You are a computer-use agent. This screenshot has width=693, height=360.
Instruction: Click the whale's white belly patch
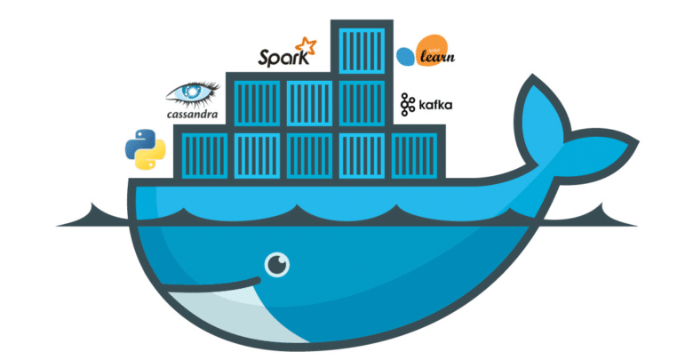pyautogui.click(x=222, y=324)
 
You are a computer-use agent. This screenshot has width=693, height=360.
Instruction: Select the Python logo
pyautogui.click(x=147, y=148)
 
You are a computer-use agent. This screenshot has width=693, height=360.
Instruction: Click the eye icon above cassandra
pyautogui.click(x=193, y=94)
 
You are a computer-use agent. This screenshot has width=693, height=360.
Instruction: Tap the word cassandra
pyautogui.click(x=194, y=114)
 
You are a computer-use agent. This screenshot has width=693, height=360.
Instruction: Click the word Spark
pyautogui.click(x=280, y=58)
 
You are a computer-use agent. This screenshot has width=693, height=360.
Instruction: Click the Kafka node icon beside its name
pyautogui.click(x=408, y=105)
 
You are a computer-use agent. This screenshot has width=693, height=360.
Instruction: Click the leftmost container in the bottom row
pyautogui.click(x=201, y=151)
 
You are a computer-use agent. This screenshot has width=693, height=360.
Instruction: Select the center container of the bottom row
pyautogui.click(x=308, y=151)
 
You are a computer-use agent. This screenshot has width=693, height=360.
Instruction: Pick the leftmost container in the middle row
pyautogui.click(x=254, y=100)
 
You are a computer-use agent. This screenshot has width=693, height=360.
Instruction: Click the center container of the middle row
pyautogui.click(x=308, y=100)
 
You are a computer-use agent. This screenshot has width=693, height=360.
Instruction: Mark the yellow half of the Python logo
pyautogui.click(x=153, y=157)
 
